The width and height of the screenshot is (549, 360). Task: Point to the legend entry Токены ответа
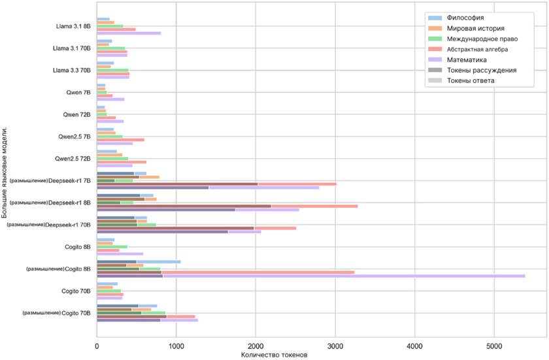coord(471,80)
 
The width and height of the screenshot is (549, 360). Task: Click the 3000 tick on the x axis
coord(335,347)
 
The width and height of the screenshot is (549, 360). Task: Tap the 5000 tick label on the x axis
coord(494,347)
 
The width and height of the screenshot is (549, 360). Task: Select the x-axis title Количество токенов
coord(274,355)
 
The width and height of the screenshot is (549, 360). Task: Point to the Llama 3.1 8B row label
coord(75,27)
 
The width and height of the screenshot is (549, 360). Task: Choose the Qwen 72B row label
coord(77,114)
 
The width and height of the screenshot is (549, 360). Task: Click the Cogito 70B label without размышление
coord(76,291)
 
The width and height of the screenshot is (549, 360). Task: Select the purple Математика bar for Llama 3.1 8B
coord(129,33)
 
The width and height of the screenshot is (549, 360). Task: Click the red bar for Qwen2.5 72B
coord(122,161)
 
